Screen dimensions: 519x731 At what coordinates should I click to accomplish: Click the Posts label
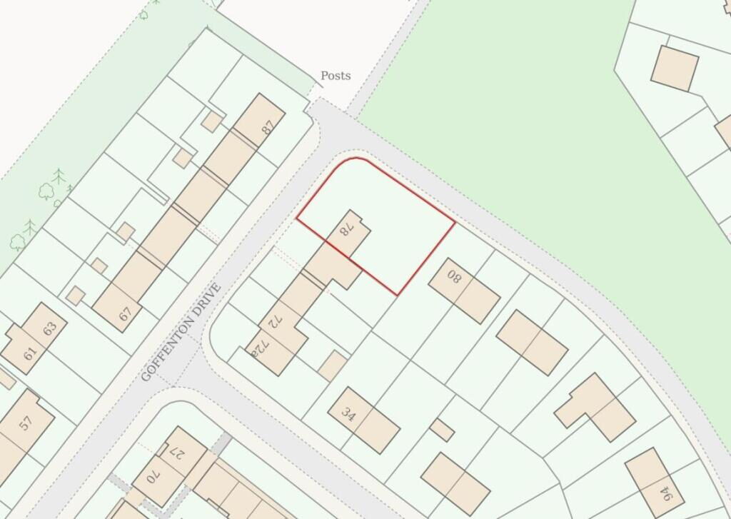(x=335, y=76)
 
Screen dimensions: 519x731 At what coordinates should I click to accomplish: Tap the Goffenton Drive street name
(x=181, y=333)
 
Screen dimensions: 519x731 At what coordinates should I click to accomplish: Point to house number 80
(x=455, y=278)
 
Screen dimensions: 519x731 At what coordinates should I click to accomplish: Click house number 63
(x=49, y=329)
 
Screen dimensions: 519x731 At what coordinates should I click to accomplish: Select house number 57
(x=26, y=422)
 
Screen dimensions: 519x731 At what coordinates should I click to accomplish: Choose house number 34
(x=348, y=415)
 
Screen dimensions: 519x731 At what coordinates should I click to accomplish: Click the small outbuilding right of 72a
(x=332, y=365)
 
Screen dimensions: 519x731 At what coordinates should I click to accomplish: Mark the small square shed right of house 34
(x=442, y=430)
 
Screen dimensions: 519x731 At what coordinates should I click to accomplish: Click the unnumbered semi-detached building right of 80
(x=532, y=342)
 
